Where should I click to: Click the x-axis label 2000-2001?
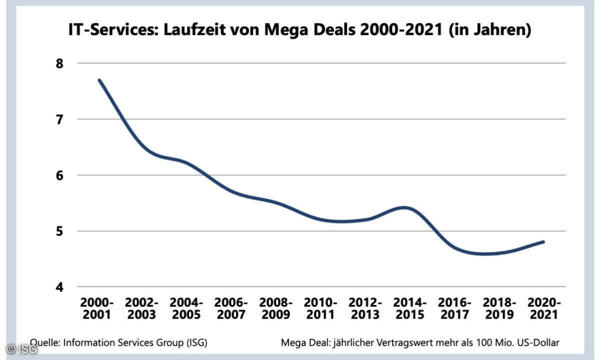pos(97,308)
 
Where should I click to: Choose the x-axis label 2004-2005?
pos(186,308)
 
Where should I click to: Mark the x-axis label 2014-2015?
pos(410,308)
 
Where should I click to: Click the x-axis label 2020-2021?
pos(544,308)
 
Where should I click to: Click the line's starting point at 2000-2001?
pos(99,80)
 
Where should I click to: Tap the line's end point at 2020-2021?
pos(543,242)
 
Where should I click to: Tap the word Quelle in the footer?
pos(44,342)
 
